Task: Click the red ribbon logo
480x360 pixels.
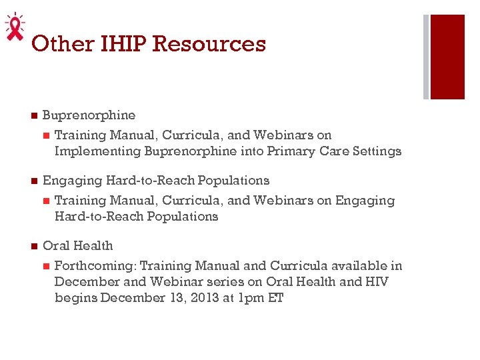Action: coord(14,27)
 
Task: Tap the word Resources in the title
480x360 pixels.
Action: coord(209,44)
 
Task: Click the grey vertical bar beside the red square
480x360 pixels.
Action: coord(426,57)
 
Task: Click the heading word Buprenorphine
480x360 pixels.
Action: coord(89,115)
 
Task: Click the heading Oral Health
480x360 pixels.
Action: coord(78,246)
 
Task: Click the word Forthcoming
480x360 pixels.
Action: coord(95,266)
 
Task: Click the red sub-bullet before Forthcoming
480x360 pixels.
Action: coord(46,266)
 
